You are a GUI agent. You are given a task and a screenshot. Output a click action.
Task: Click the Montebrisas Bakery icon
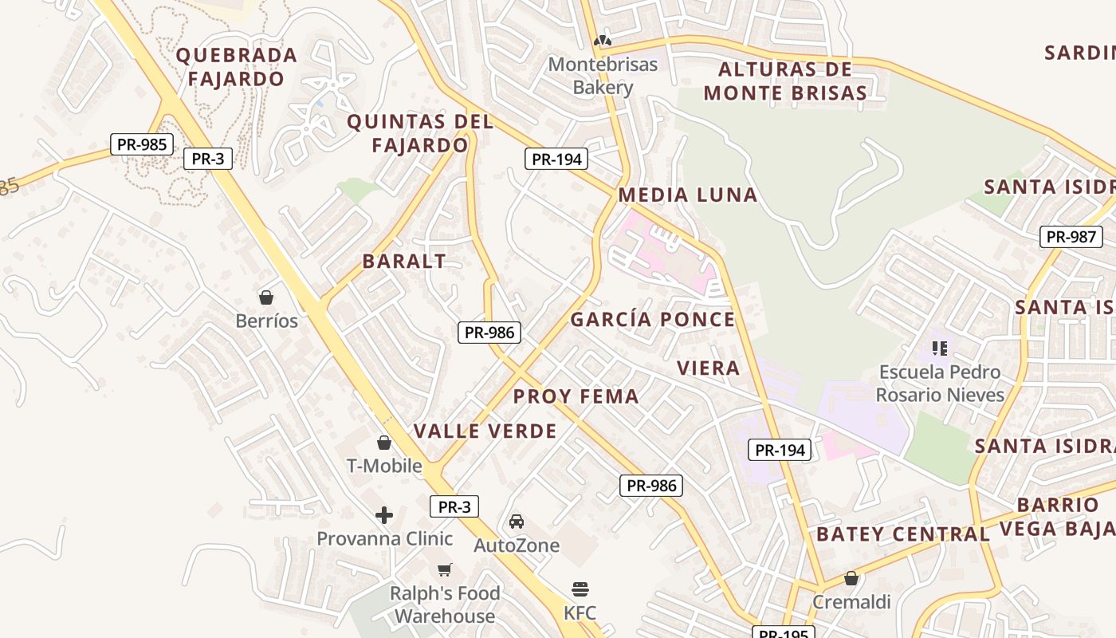pyautogui.click(x=603, y=40)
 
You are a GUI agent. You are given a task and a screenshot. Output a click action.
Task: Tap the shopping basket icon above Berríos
pyautogui.click(x=266, y=297)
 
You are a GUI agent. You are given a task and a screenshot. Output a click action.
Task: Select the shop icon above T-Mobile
pyautogui.click(x=384, y=443)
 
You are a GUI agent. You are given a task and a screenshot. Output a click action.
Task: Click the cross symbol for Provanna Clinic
pyautogui.click(x=384, y=515)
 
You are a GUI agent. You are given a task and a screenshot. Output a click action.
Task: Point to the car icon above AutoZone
pyautogui.click(x=517, y=522)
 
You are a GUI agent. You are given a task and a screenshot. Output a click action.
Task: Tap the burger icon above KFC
pyautogui.click(x=580, y=589)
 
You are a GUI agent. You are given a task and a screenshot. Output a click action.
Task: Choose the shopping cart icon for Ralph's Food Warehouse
pyautogui.click(x=445, y=569)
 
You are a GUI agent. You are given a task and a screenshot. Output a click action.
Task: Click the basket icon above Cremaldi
pyautogui.click(x=851, y=578)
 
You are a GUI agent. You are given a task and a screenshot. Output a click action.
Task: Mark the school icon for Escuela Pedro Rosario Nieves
pyautogui.click(x=940, y=348)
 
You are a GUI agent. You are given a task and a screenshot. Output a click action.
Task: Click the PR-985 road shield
pyautogui.click(x=142, y=144)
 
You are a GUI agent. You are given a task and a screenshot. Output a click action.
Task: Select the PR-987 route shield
pyautogui.click(x=1071, y=237)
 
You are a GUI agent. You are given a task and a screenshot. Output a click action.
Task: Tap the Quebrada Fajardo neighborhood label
pyautogui.click(x=236, y=67)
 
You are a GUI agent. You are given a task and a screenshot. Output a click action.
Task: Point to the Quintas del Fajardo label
pyautogui.click(x=420, y=134)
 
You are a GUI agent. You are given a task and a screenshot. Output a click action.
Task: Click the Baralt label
pyautogui.click(x=404, y=262)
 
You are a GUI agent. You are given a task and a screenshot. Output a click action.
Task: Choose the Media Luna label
pyautogui.click(x=688, y=195)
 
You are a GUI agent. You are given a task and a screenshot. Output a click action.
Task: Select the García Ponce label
pyautogui.click(x=653, y=320)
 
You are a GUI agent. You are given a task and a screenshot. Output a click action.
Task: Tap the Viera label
pyautogui.click(x=709, y=368)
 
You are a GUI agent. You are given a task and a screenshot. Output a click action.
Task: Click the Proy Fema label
pyautogui.click(x=576, y=396)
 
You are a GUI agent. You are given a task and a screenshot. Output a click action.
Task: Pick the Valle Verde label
pyautogui.click(x=485, y=431)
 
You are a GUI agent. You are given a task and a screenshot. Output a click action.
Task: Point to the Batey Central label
pyautogui.click(x=903, y=534)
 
